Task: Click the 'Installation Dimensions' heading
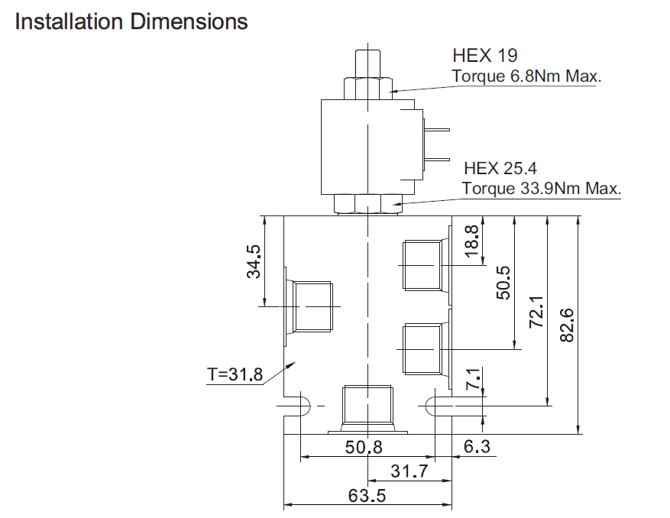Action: point(131,21)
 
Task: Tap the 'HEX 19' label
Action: point(484,55)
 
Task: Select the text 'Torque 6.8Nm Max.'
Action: point(526,76)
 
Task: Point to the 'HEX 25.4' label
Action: point(500,168)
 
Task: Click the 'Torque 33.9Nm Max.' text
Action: point(542,188)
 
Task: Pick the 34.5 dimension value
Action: point(254,261)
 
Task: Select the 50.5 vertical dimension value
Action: point(503,283)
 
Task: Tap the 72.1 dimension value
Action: point(536,312)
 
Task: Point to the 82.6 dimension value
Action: point(567,325)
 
